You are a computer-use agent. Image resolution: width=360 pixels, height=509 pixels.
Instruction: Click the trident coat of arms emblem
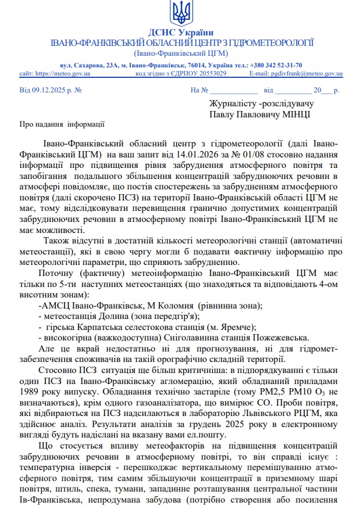coord(180,12)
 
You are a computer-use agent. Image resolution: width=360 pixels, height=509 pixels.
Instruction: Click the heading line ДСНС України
coord(180,32)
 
